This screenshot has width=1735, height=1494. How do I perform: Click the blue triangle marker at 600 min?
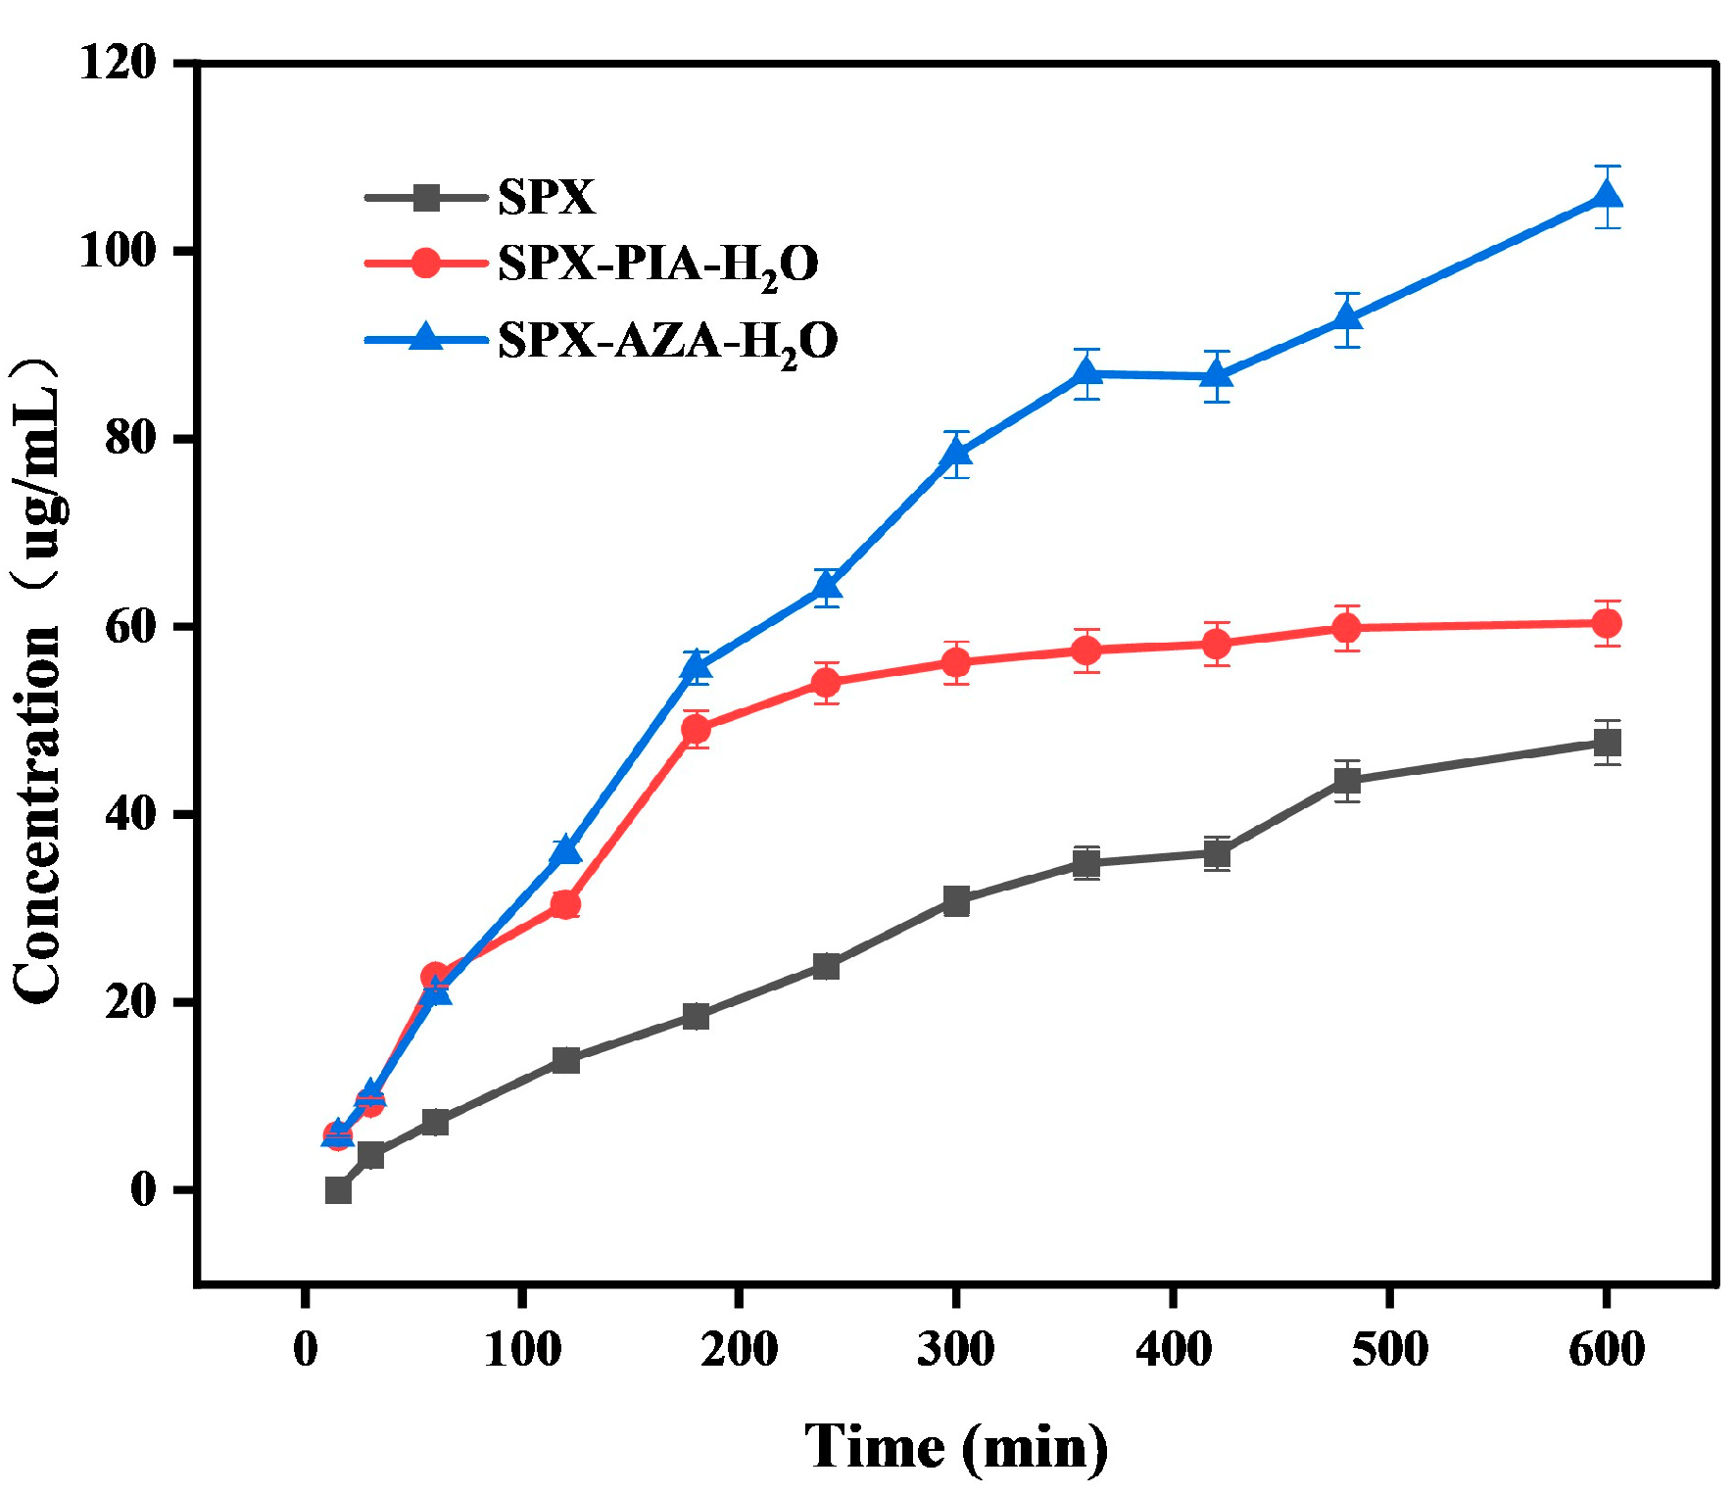1607,196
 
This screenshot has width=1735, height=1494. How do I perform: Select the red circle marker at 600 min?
1607,623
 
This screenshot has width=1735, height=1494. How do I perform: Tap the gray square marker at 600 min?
1607,743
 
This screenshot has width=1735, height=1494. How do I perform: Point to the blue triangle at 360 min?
1085,373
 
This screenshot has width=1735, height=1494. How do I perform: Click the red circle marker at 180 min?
696,729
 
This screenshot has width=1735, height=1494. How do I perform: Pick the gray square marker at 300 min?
956,901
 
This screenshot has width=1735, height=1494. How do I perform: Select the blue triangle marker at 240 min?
827,587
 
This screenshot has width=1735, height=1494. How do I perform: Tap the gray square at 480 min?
1347,781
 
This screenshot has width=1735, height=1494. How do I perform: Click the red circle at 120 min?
565,904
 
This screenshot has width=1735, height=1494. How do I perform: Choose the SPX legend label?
546,197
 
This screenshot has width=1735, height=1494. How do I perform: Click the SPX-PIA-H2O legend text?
657,264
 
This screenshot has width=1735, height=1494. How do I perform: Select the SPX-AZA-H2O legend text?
667,341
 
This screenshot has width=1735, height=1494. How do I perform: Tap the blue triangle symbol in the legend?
426,337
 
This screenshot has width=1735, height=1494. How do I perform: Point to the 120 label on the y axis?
118,64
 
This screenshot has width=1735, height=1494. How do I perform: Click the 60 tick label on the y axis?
130,627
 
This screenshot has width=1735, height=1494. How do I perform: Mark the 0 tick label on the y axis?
143,1190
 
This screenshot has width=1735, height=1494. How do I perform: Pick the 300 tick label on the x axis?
955,1349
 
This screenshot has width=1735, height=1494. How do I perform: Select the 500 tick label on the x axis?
1389,1349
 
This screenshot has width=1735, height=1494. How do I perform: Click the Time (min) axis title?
955,1447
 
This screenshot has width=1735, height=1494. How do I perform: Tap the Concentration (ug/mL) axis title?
39,681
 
